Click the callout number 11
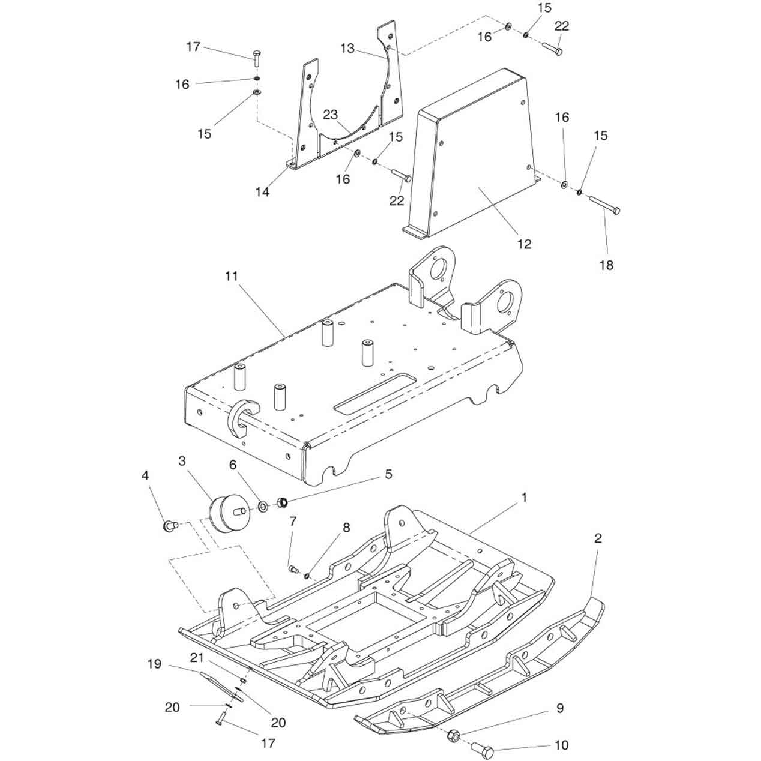232,277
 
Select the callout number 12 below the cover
524,244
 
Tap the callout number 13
348,49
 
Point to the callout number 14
262,192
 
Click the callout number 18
607,265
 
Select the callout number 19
155,664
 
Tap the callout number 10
561,745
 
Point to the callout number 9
559,709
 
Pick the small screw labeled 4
169,526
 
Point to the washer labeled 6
263,507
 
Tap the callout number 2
598,538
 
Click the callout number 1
524,498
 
